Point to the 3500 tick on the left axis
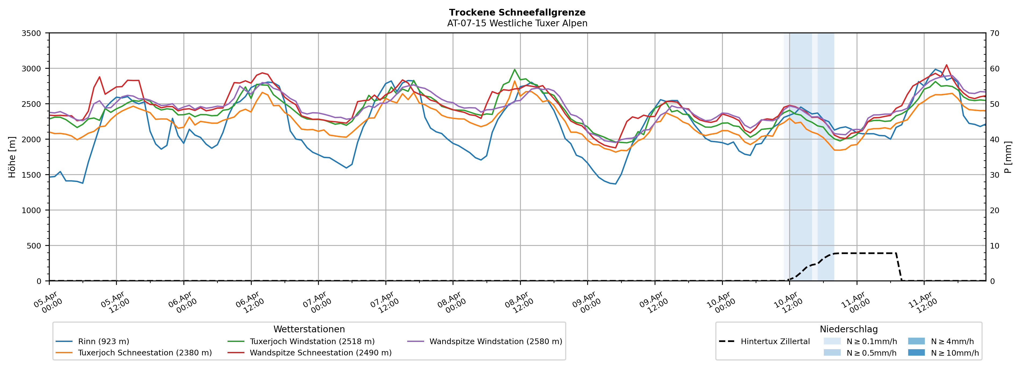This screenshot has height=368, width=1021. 31,33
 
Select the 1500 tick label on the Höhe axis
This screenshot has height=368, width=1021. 31,175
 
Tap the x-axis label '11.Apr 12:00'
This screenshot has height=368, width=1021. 922,303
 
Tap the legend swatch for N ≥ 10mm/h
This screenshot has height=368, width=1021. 916,352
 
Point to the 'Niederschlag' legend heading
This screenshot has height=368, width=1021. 849,329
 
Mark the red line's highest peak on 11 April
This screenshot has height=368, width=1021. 947,65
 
